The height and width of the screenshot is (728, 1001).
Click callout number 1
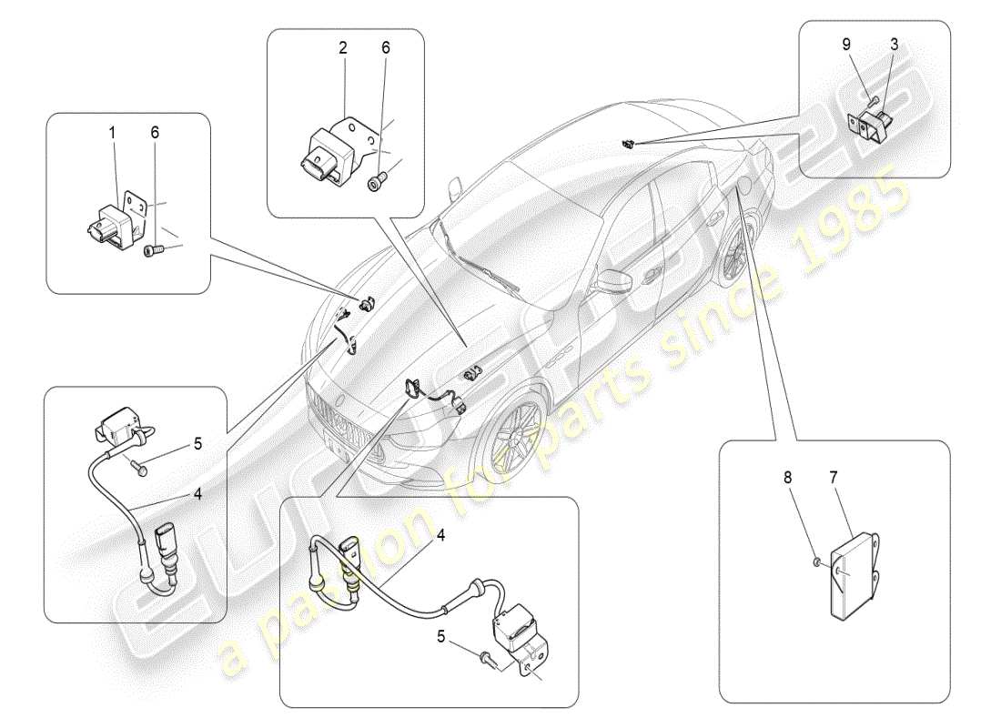pos(113,133)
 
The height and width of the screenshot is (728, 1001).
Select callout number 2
pos(343,48)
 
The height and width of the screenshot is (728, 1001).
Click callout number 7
pos(834,476)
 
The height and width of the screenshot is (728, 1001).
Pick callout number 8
pos(787,476)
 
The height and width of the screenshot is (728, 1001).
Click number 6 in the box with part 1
pos(155,133)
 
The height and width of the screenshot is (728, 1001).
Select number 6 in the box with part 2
pos(385,48)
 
